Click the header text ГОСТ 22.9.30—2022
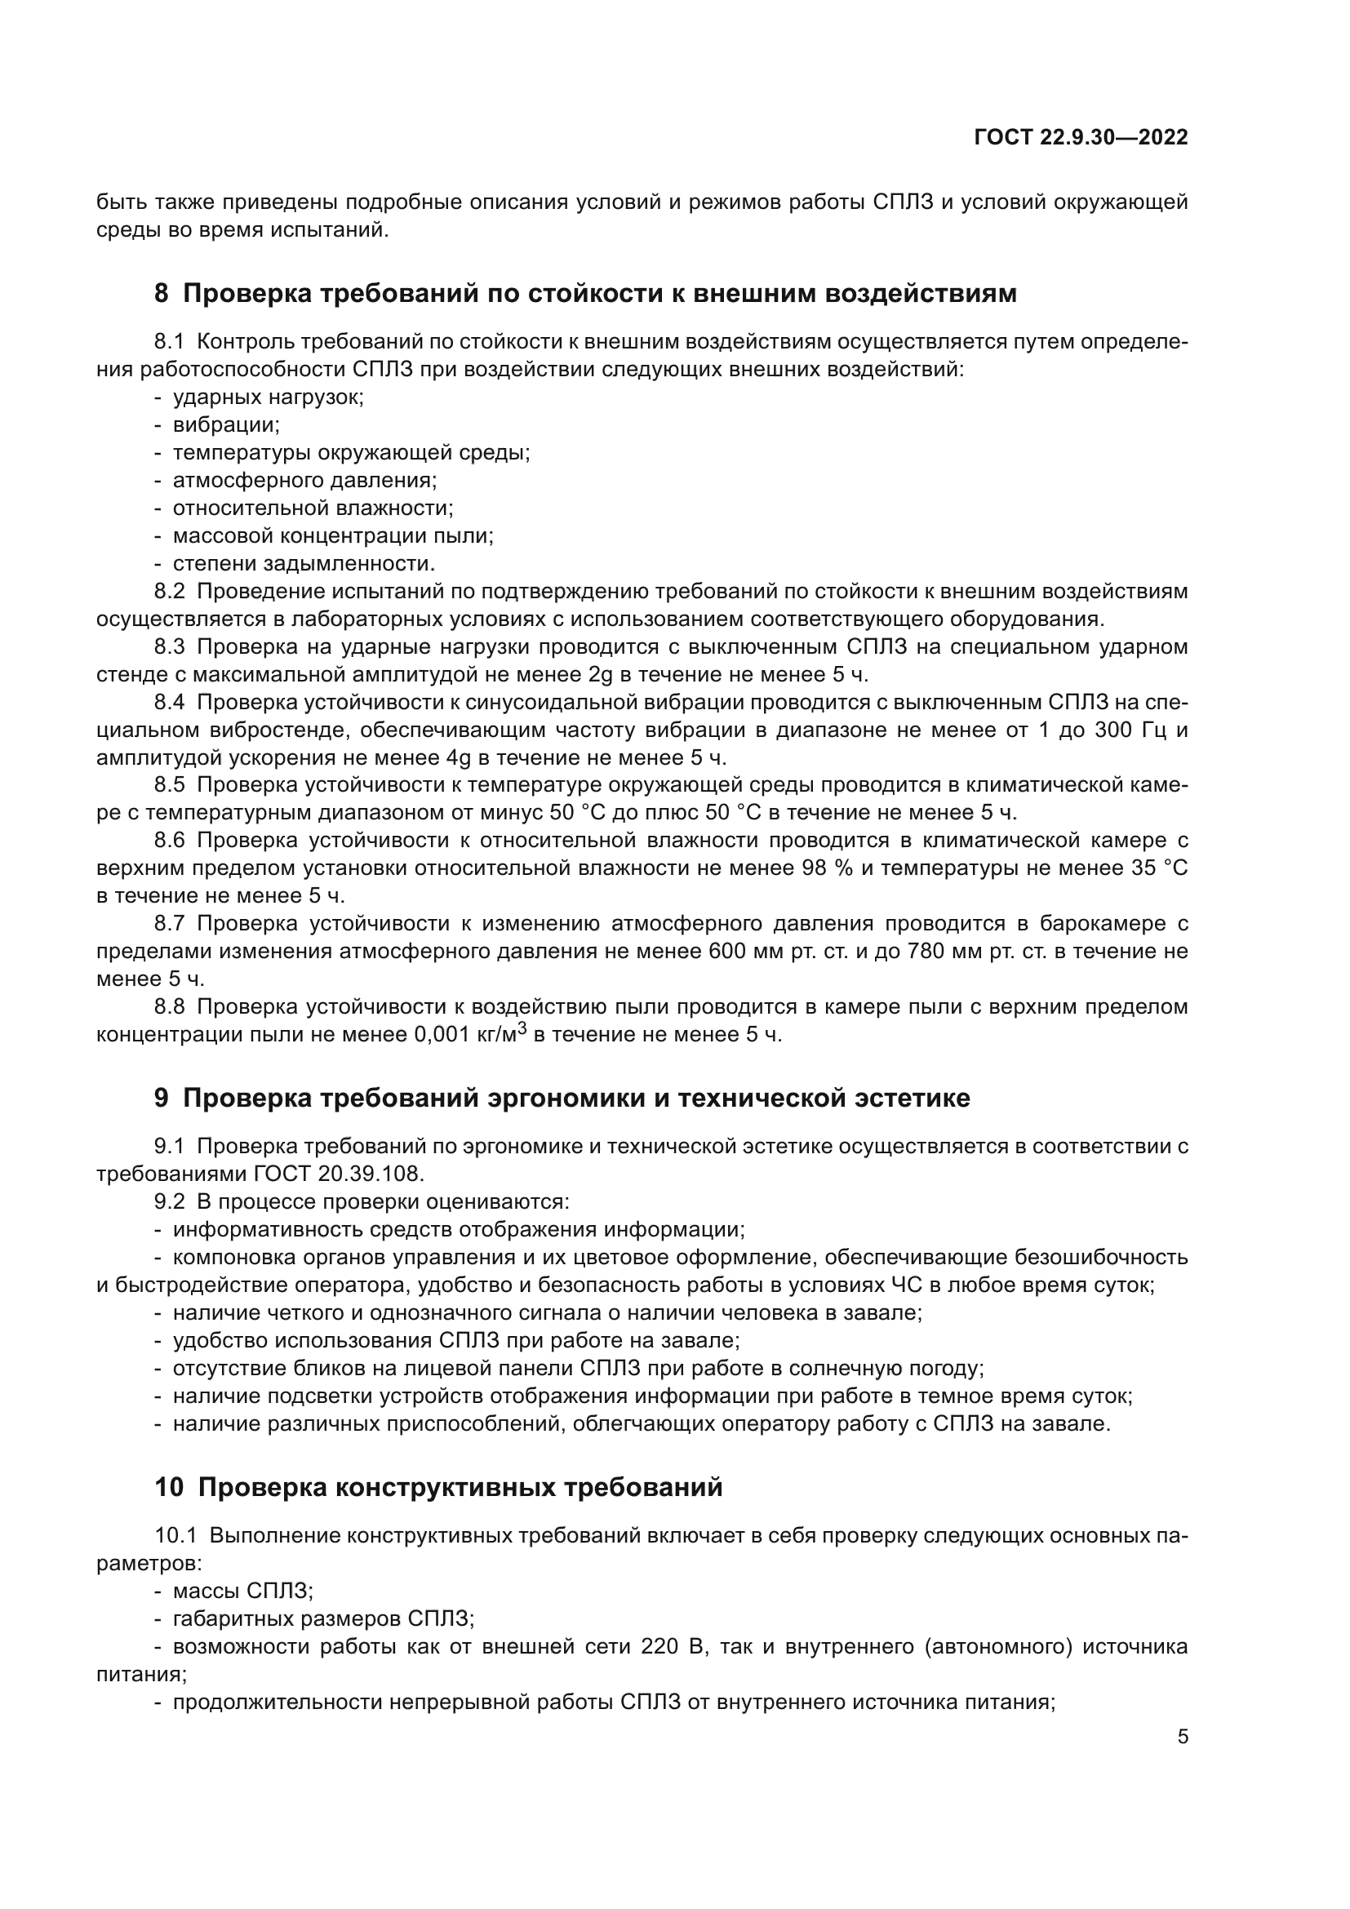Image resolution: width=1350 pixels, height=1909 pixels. click(1081, 138)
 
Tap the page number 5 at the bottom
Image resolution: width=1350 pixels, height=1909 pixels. click(1182, 1736)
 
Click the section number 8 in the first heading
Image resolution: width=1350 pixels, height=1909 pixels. click(162, 294)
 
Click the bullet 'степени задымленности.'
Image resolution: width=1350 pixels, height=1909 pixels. click(304, 564)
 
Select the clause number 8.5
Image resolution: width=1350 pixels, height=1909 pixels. click(170, 785)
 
